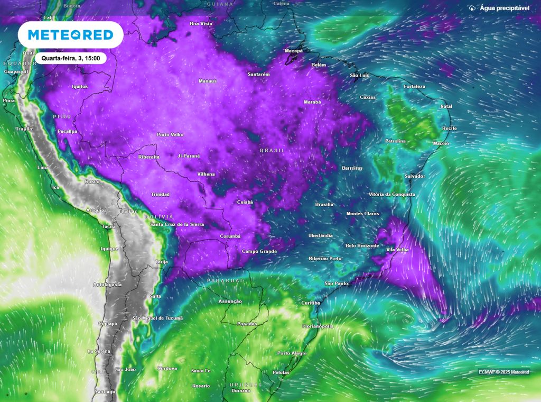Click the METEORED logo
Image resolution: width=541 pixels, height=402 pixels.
pos(70,35)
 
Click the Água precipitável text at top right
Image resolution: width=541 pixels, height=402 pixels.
pos(505,8)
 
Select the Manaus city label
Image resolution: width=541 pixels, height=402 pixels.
pos(208,81)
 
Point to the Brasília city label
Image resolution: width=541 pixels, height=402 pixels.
pos(324,204)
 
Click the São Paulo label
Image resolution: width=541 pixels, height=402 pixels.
pos(336,284)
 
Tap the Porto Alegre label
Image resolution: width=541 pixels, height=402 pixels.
pos(292,353)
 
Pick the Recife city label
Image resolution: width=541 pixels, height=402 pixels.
pos(449,129)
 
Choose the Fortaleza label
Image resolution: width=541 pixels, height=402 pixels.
pos(414,86)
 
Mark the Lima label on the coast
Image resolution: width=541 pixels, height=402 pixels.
pos(43,167)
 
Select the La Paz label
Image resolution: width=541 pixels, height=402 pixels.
pos(128,211)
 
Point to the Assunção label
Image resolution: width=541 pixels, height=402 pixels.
pos(230,301)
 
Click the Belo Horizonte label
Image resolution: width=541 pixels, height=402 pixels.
pos(362,245)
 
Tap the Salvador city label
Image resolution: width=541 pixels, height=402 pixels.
pos(415,176)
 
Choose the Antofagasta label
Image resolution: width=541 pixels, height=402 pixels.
pos(107,285)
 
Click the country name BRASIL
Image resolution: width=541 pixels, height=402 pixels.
pos(272,151)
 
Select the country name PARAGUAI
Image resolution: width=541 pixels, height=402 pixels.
pos(225,280)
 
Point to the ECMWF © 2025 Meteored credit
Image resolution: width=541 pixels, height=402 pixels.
pos(503,372)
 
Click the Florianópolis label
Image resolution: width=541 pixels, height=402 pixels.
pos(318,326)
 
